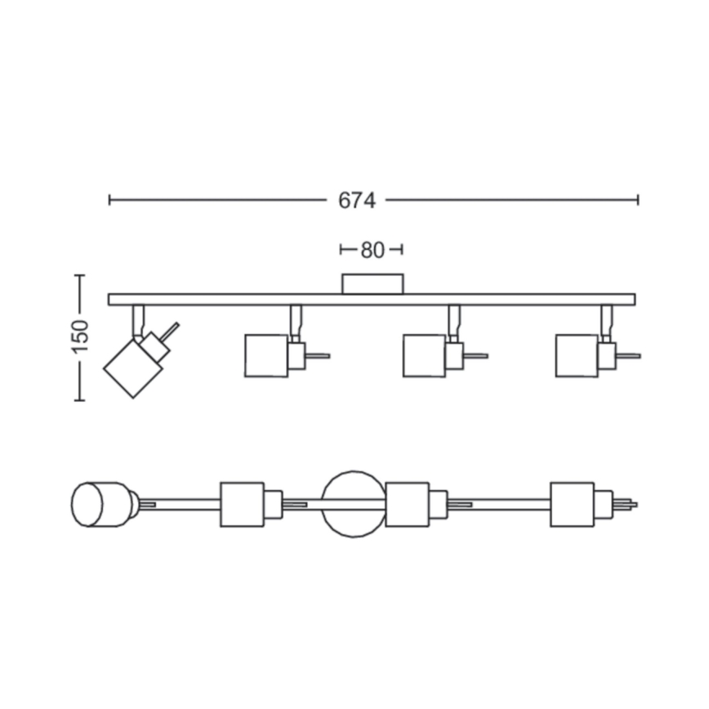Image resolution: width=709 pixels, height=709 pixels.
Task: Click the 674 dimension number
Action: [357, 201]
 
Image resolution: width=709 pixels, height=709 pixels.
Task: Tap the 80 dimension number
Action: [372, 250]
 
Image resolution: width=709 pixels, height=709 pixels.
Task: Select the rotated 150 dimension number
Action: [81, 337]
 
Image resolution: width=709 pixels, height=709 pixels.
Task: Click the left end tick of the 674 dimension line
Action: [109, 200]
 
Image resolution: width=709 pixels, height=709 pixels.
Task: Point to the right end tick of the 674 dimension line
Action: [638, 200]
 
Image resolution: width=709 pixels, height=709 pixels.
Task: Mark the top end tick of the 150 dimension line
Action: [79, 275]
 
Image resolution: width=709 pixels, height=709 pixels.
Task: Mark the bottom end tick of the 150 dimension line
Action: [79, 399]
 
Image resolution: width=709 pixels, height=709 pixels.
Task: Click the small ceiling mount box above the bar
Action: [372, 284]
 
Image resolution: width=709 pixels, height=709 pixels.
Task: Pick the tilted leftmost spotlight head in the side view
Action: [133, 368]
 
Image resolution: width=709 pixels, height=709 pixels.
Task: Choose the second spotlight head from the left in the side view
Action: [266, 356]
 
